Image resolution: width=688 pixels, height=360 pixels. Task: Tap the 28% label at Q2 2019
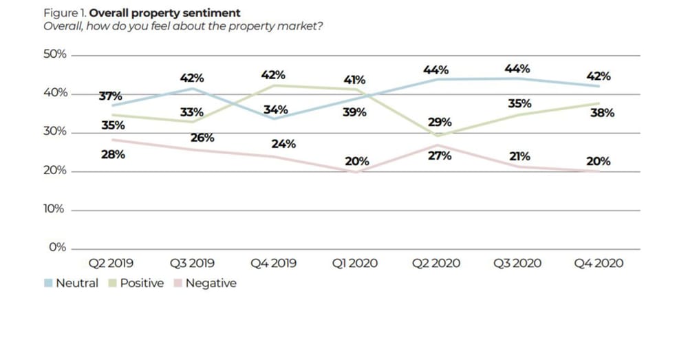(x=114, y=155)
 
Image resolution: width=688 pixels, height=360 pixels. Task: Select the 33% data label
(x=192, y=112)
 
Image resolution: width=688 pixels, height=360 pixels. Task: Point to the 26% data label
(x=203, y=138)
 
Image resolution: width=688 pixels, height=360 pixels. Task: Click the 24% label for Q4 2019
(x=283, y=144)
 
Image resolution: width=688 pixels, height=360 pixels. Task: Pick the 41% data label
(x=355, y=81)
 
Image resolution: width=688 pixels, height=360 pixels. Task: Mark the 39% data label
(x=354, y=112)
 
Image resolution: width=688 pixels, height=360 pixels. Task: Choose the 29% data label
(x=440, y=122)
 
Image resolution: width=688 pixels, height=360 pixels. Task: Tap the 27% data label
(x=440, y=156)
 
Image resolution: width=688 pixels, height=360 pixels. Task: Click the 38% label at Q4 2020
(x=603, y=113)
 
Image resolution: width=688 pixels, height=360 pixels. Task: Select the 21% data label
(x=519, y=156)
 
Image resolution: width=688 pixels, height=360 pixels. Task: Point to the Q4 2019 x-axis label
(x=273, y=263)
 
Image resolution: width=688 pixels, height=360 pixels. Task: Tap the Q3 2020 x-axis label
(x=517, y=263)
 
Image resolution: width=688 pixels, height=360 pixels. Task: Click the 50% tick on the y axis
(x=54, y=54)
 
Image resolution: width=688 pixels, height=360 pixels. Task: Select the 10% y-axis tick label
(x=54, y=209)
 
